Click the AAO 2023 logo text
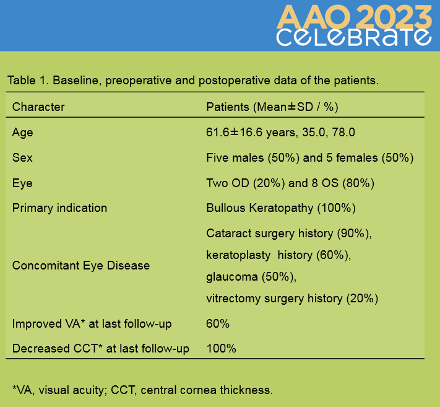point(354,17)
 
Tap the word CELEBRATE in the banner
point(354,37)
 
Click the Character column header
point(38,107)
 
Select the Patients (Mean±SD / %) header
point(272,107)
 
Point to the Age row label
point(22,133)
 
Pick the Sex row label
point(22,157)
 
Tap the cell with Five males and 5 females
point(310,158)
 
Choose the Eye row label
point(22,183)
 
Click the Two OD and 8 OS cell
point(290,183)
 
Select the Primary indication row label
point(59,208)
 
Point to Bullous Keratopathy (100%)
point(281,208)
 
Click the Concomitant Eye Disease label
point(81,265)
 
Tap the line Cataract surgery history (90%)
point(289,234)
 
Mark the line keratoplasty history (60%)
point(278,255)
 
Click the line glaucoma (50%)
point(251,277)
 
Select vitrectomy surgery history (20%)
point(292,299)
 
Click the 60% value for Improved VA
point(218,324)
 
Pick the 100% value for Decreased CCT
point(221,349)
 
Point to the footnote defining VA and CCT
point(142,390)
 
